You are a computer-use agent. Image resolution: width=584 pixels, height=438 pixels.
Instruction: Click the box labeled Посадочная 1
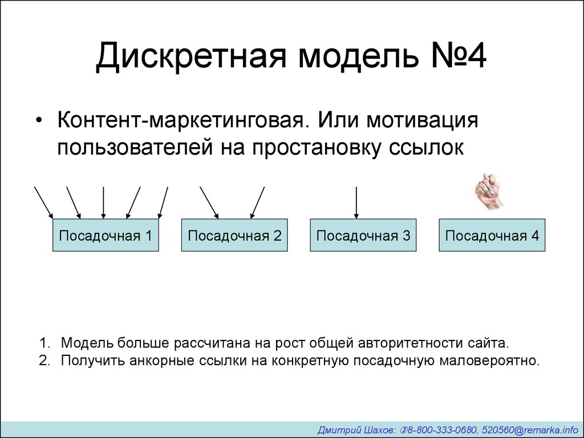coord(106,235)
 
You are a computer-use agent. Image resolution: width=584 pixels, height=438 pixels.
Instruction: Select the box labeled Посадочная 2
coord(234,235)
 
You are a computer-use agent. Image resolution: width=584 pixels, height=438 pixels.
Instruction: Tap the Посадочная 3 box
coord(363,235)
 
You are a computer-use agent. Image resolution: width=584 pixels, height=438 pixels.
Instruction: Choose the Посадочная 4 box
coord(492,235)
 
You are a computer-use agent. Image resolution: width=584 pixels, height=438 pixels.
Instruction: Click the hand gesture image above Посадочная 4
coord(489,191)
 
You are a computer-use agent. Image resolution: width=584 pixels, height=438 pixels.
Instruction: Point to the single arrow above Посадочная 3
coord(356,202)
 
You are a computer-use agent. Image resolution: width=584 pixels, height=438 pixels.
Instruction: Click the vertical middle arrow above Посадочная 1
coord(104,202)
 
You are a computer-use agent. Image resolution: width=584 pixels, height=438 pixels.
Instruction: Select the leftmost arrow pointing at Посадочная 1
coord(43,202)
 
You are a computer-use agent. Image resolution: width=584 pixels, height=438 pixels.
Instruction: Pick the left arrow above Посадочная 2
coord(209,202)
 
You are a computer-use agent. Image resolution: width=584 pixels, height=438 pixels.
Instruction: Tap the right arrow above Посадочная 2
coord(257,202)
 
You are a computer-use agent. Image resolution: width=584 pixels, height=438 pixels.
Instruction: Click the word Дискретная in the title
coord(191,56)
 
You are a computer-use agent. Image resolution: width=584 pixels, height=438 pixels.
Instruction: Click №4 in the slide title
coord(459,55)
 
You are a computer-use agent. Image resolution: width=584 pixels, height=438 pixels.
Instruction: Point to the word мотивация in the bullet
coord(423,121)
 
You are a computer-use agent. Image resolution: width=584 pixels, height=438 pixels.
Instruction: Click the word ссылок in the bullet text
coord(427,148)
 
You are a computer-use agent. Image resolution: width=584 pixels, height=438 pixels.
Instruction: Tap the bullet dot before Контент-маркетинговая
coord(39,121)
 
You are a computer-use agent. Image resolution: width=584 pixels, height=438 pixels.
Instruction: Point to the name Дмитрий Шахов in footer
coord(357,430)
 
